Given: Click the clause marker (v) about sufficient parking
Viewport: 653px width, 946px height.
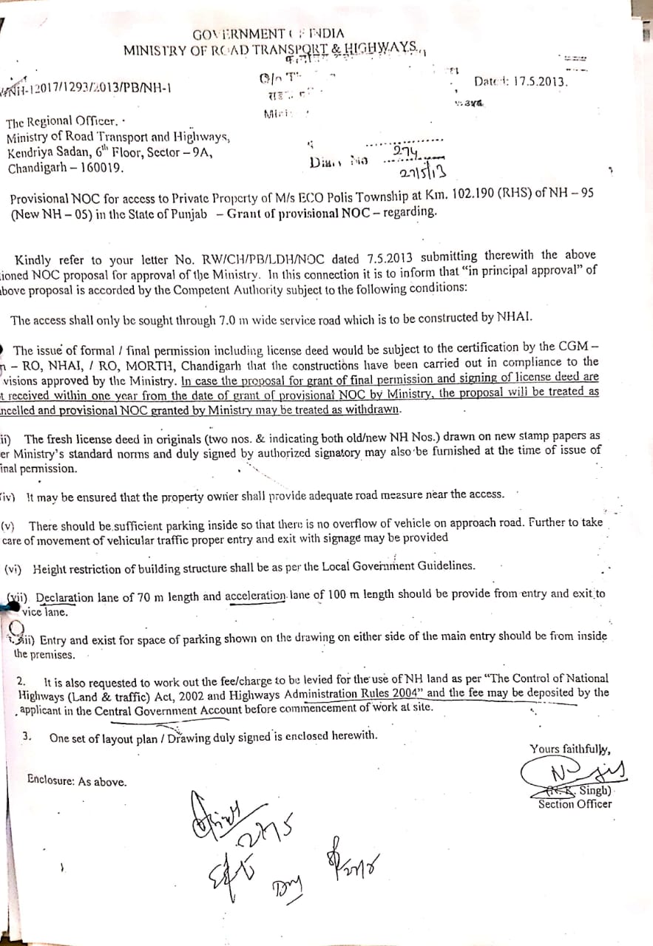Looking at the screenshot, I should pos(10,525).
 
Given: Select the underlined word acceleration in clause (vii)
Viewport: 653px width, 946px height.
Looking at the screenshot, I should pos(256,596).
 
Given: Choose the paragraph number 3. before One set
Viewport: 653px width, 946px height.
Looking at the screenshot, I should pos(27,736).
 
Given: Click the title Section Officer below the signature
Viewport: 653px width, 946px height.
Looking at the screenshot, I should pos(574,803).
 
